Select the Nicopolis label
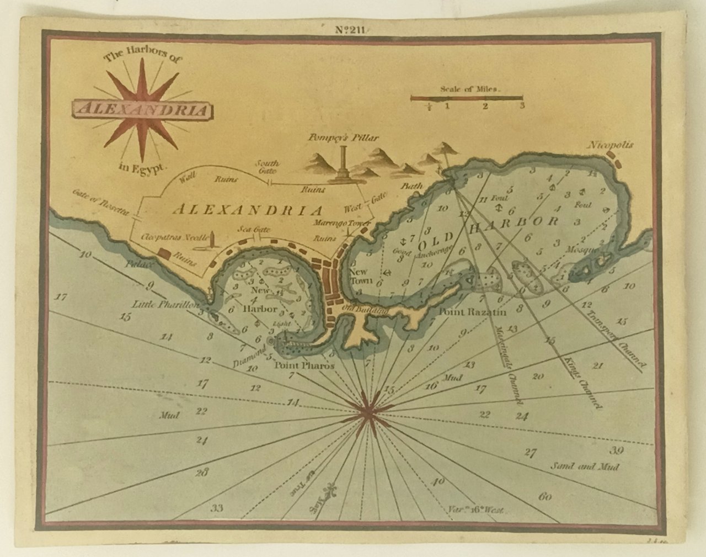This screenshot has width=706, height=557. pos(611,146)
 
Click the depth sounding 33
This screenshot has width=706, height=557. pos(217,508)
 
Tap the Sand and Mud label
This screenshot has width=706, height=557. pos(585,466)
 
